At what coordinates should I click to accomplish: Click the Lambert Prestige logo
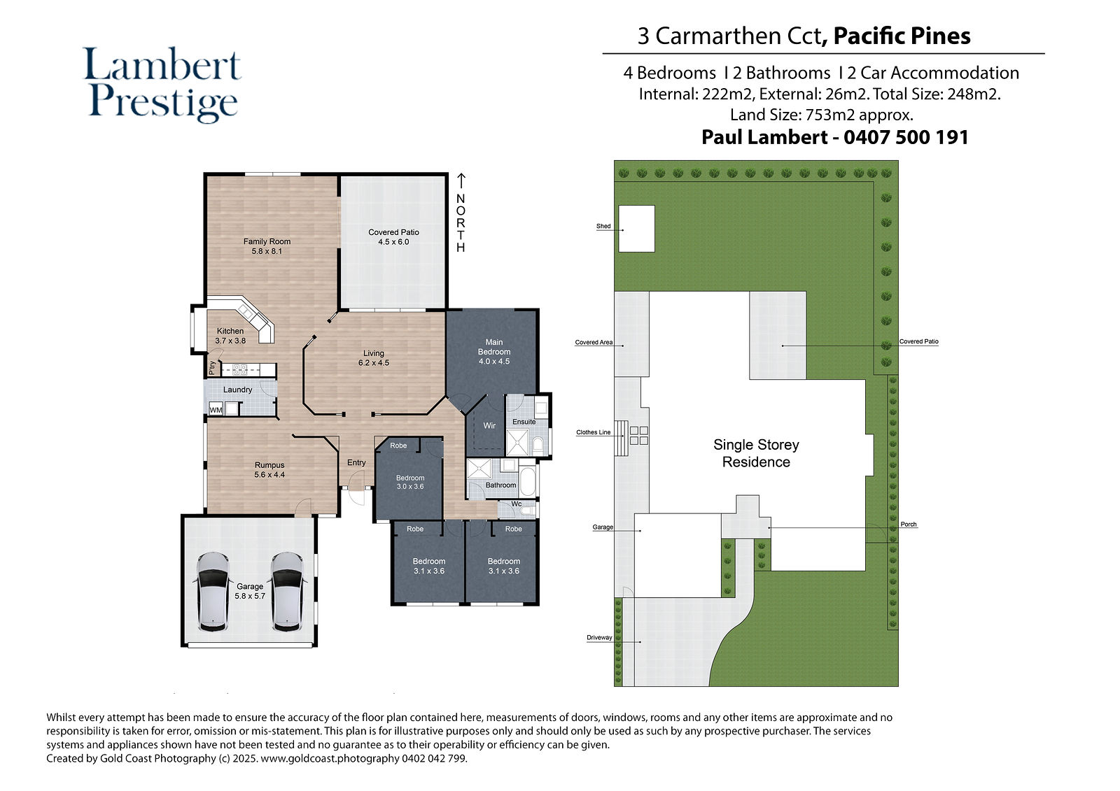point(162,84)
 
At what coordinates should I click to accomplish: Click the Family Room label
point(267,241)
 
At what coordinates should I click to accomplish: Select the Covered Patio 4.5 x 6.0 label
point(393,237)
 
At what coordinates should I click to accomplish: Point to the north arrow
point(461,181)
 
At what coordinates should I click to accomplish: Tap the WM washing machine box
point(216,410)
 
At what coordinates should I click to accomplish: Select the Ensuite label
point(524,422)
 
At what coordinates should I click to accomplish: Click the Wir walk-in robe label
point(489,426)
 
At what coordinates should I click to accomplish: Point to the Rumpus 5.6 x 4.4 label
point(269,470)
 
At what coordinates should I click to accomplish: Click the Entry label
point(356,463)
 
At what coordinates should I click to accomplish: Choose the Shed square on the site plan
point(636,229)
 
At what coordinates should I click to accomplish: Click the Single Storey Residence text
point(756,453)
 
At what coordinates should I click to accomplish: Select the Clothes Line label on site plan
point(593,432)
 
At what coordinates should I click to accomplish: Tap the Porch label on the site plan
point(909,524)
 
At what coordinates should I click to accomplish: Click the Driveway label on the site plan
point(599,638)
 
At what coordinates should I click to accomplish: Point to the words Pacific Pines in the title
point(902,36)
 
